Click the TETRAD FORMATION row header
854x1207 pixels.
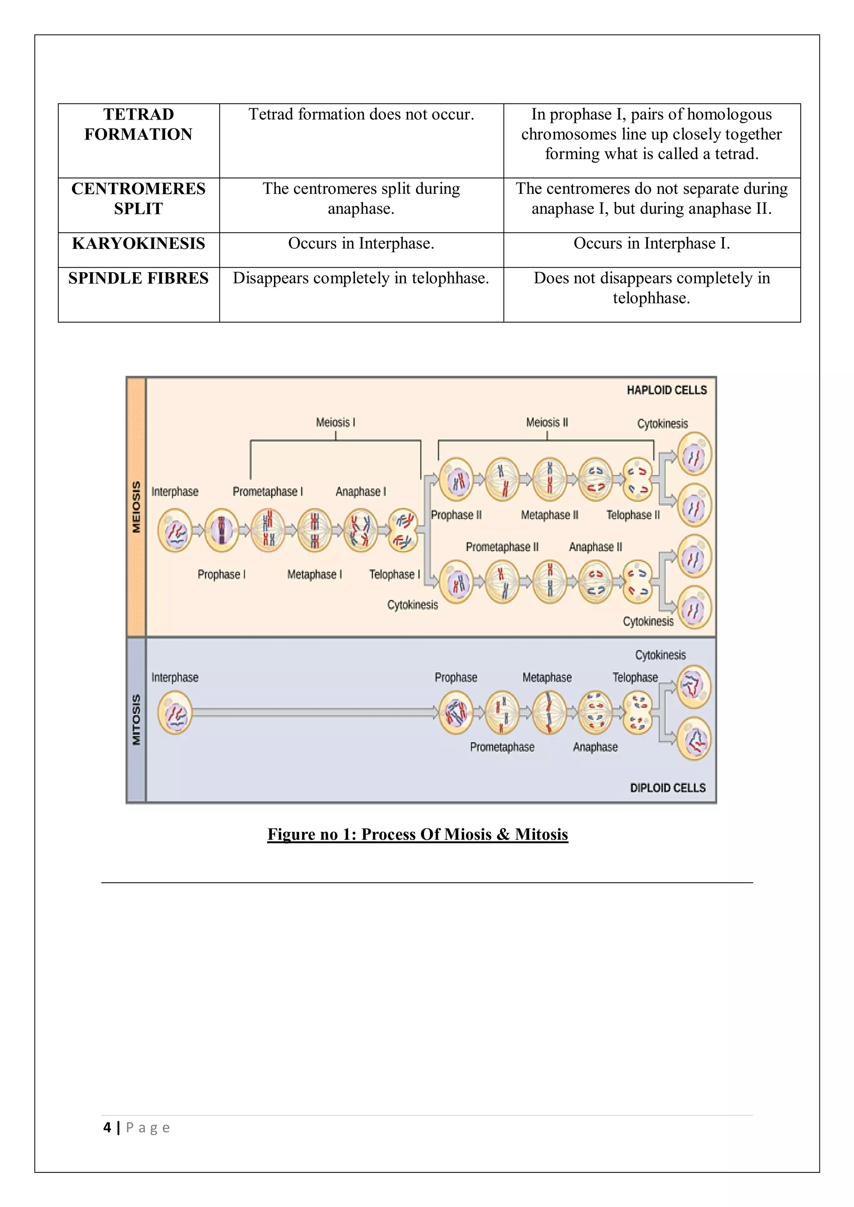click(138, 124)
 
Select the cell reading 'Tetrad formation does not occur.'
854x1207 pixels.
click(361, 115)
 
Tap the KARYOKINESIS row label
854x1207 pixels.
click(138, 243)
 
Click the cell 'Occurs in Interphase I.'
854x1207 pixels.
click(651, 243)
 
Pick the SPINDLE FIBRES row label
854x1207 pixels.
click(138, 278)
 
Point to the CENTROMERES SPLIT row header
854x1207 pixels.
click(138, 199)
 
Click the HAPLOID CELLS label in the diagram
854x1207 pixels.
click(666, 390)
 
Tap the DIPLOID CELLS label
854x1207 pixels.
click(667, 787)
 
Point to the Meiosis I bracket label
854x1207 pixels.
click(336, 422)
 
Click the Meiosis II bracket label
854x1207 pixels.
click(547, 422)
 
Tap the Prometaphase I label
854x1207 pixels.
click(268, 491)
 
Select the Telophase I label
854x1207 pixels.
click(394, 574)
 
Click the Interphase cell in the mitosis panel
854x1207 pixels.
click(175, 712)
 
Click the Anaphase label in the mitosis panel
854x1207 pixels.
click(595, 747)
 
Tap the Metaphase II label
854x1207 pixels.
click(550, 515)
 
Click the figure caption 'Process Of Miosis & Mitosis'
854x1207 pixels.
click(417, 834)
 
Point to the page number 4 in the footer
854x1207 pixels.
click(107, 1127)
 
